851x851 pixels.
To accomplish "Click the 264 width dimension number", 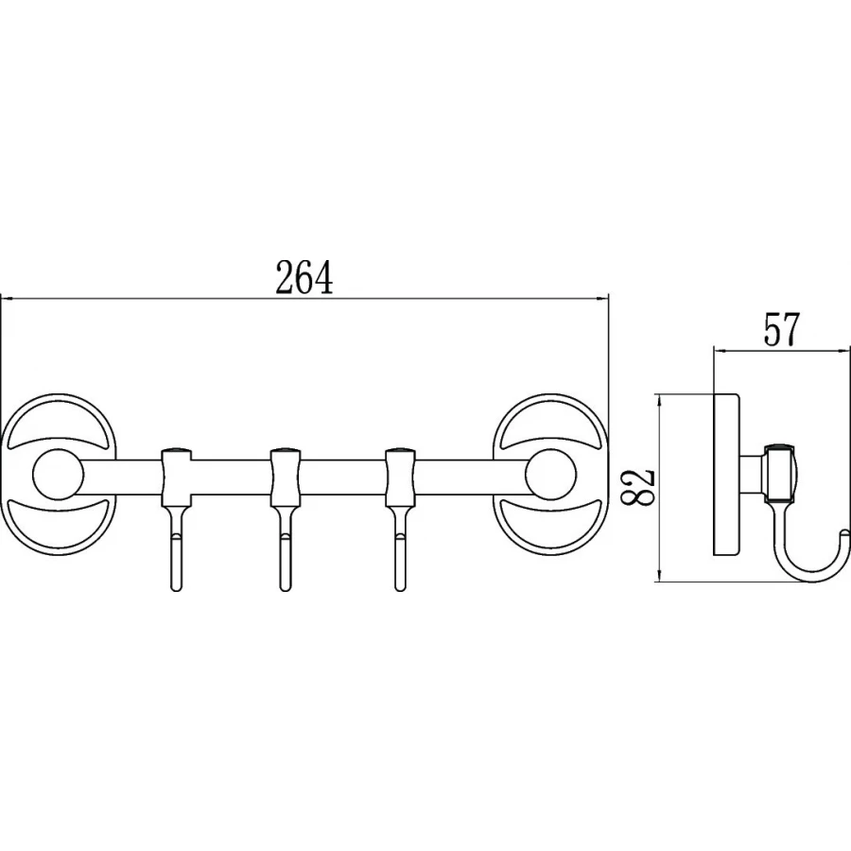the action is point(304,277).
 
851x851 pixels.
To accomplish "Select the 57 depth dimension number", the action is point(782,330).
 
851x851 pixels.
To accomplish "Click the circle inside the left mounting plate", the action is point(58,475).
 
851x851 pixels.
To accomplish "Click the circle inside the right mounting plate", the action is point(550,475).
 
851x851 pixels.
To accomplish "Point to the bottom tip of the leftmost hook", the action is point(176,590).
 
